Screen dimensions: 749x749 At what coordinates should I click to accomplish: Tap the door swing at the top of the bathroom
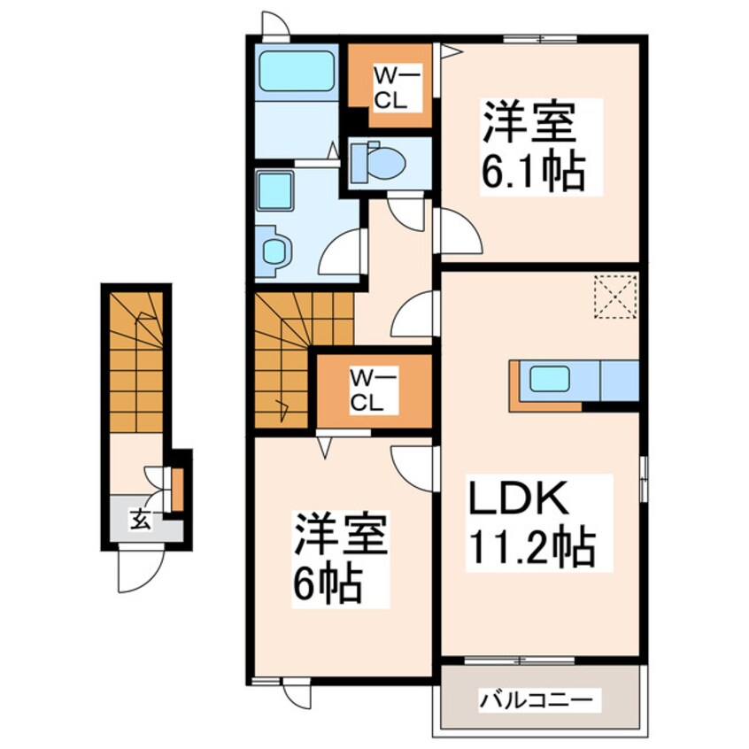click(275, 26)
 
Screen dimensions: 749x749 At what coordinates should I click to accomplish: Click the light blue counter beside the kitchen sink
click(620, 380)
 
